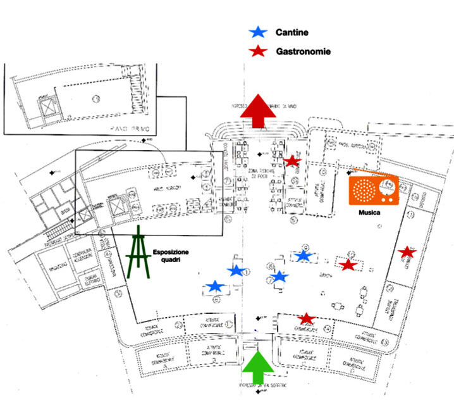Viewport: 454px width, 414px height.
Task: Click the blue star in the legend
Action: coord(258,32)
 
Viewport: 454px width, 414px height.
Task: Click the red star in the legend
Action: coord(258,50)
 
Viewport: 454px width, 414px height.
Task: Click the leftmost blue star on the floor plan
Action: coord(216,287)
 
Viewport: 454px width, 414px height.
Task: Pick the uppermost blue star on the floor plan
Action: coord(304,255)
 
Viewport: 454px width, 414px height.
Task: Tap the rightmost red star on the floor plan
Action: coord(407,252)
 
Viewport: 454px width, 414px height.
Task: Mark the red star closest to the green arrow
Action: coord(307,318)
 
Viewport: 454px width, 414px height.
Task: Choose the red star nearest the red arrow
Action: coord(291,161)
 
